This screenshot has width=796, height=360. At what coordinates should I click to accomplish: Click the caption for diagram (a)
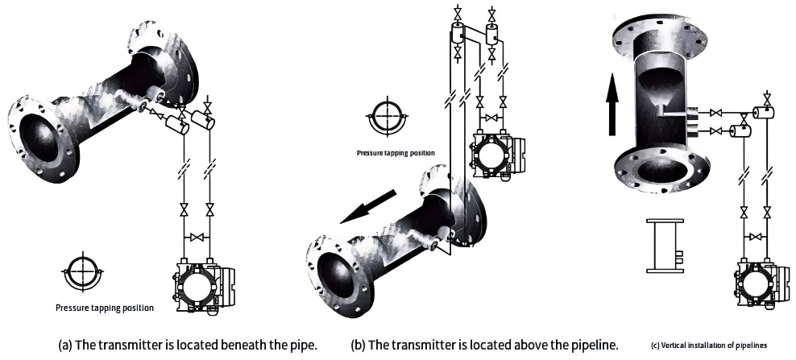187,345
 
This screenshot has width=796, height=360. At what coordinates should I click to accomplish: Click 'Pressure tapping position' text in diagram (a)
105,307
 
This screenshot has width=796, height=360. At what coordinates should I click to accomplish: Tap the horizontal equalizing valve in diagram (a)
197,238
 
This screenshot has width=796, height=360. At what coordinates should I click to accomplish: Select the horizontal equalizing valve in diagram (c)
755,237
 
